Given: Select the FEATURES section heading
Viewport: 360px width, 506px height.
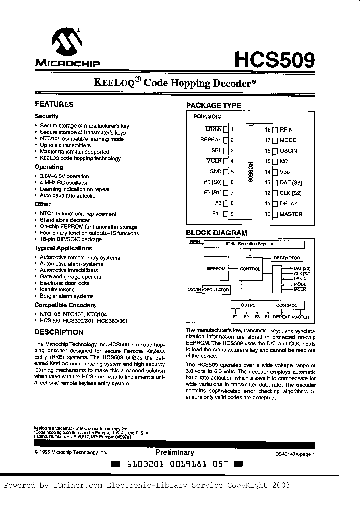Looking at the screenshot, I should pyautogui.click(x=54, y=104).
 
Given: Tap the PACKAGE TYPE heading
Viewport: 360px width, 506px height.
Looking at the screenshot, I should pyautogui.click(x=213, y=105).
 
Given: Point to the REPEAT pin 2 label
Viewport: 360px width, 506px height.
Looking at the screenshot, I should pyautogui.click(x=210, y=140).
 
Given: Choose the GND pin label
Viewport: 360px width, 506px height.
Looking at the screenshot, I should pyautogui.click(x=215, y=171).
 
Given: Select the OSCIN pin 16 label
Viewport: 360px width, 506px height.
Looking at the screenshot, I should pyautogui.click(x=288, y=150).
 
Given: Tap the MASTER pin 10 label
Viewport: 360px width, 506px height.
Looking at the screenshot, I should pyautogui.click(x=291, y=214).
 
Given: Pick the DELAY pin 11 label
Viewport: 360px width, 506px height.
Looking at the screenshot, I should pyautogui.click(x=289, y=203).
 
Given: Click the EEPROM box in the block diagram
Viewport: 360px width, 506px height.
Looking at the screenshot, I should pyautogui.click(x=216, y=269).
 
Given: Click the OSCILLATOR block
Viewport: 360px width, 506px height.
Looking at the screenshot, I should pyautogui.click(x=216, y=290).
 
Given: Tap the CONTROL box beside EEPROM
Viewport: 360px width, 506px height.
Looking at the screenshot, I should pyautogui.click(x=250, y=269).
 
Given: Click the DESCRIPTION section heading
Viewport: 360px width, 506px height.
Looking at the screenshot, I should pyautogui.click(x=59, y=332).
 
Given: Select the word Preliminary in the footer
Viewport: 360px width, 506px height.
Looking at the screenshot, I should pyautogui.click(x=174, y=452).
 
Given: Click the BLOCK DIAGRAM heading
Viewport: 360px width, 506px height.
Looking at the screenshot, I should pyautogui.click(x=216, y=233).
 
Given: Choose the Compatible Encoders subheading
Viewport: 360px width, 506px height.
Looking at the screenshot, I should pyautogui.click(x=65, y=305).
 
